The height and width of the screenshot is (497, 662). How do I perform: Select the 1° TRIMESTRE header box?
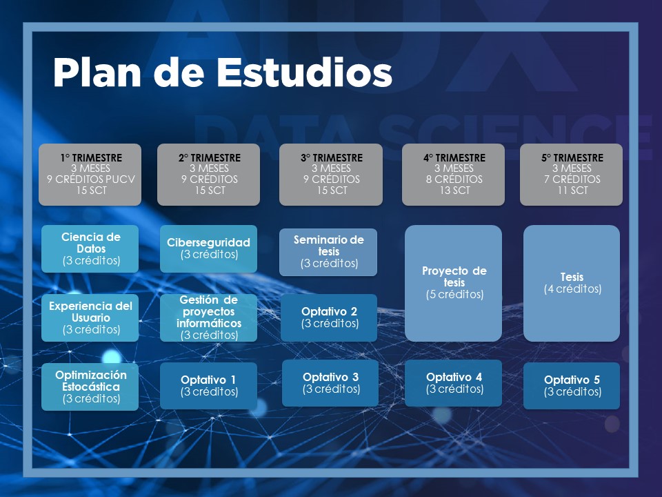90,175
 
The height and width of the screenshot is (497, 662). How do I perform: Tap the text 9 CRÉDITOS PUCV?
91,179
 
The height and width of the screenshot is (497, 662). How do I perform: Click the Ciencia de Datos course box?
90,248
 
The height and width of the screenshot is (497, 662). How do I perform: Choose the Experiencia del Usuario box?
90,318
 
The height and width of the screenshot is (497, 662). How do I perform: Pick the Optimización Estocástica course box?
90,387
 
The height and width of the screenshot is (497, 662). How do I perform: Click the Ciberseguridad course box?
208,248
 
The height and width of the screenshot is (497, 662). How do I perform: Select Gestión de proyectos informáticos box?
208,318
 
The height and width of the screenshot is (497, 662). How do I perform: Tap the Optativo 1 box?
208,385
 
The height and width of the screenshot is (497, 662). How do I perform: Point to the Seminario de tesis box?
328,252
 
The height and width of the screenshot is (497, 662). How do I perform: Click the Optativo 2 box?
329,318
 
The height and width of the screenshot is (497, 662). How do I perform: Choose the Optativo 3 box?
330,383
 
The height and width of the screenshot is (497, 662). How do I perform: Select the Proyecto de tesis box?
454,283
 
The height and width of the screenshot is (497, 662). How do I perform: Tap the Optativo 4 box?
454,383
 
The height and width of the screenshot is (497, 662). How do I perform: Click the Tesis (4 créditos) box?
572,283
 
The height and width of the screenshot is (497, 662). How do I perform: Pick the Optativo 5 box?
572,385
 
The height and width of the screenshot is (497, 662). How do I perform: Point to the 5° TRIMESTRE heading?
572,157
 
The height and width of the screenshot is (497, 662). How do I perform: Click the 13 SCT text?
454,191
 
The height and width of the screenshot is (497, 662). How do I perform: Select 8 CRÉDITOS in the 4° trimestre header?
454,179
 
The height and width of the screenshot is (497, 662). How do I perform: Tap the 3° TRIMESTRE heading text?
332,157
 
